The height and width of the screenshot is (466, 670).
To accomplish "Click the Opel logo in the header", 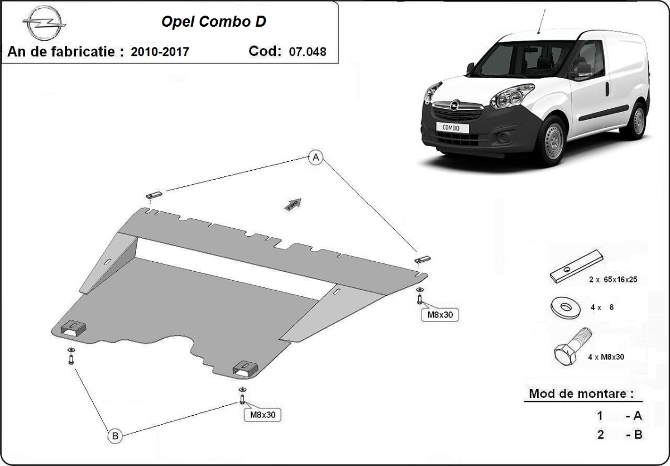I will click(x=44, y=24).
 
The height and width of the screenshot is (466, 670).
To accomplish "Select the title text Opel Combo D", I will click(x=214, y=22).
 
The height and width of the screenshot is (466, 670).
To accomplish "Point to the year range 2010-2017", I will click(x=160, y=52).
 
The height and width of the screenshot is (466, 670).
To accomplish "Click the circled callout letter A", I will click(x=316, y=158).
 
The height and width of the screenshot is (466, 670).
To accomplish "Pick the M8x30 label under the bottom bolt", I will click(x=262, y=415).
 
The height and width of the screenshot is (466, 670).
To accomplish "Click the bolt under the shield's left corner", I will click(x=71, y=357).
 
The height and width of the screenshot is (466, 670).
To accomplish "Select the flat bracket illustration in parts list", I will click(x=576, y=266).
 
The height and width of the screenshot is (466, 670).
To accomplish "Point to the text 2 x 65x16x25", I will click(x=612, y=280).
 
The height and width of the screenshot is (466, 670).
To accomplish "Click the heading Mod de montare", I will click(x=581, y=393).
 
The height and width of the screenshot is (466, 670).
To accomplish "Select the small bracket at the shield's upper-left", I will click(x=154, y=195).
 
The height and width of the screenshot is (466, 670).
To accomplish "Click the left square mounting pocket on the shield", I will click(x=73, y=329).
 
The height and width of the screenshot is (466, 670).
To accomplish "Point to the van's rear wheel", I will click(x=636, y=120).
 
